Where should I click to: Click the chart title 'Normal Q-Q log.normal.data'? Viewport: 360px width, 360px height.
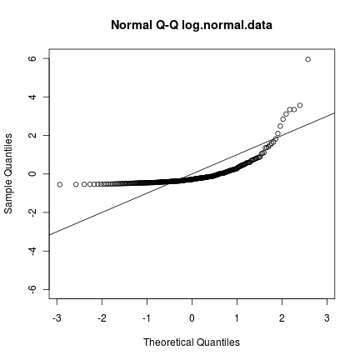(x=192, y=25)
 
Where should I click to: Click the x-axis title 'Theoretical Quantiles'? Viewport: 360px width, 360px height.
(x=192, y=342)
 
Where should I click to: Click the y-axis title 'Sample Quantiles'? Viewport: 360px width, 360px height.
(x=9, y=173)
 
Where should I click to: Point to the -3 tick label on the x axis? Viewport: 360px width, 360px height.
(x=56, y=318)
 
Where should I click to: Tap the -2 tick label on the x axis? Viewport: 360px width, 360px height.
(x=101, y=318)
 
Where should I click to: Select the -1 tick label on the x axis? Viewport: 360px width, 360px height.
(x=146, y=318)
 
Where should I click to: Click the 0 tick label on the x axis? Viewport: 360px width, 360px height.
(x=192, y=318)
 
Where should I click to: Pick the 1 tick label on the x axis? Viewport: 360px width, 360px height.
(x=237, y=318)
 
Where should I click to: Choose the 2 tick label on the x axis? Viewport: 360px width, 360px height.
(x=282, y=318)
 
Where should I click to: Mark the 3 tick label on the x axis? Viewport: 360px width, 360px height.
(x=327, y=318)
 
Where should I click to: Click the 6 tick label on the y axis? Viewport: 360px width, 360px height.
(x=32, y=59)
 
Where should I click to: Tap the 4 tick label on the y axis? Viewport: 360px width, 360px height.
(x=32, y=97)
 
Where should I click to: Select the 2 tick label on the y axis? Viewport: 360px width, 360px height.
(x=32, y=136)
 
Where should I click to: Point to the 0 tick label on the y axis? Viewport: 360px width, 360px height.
(x=32, y=174)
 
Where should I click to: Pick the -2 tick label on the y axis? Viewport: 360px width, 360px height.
(x=32, y=212)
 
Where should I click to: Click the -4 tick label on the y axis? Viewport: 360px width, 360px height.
(x=32, y=251)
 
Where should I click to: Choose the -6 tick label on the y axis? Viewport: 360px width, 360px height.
(x=32, y=289)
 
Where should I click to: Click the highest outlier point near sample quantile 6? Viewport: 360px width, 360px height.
(x=307, y=59)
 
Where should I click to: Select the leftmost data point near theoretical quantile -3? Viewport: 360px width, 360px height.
(x=59, y=184)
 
